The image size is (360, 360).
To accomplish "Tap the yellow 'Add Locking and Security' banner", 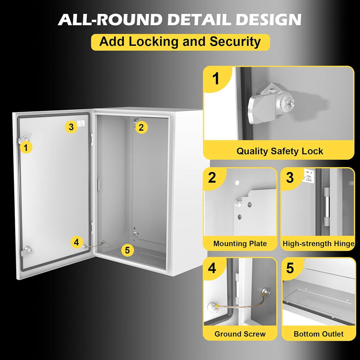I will click(180, 42).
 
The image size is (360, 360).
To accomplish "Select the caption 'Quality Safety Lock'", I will click(279, 151).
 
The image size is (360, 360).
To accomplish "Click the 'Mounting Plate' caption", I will click(240, 243).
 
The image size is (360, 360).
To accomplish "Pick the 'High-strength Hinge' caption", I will click(318, 243).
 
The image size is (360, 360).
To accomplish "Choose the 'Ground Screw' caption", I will click(240, 334).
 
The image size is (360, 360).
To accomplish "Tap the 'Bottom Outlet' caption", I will click(318, 334).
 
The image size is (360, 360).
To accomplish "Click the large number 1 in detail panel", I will click(216, 79).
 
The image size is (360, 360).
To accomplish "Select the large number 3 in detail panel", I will click(290, 178).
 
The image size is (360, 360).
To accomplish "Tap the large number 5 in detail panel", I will click(290, 268).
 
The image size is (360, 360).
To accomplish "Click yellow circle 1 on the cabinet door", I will click(27, 147).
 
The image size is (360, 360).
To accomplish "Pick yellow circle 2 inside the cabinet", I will click(141, 127).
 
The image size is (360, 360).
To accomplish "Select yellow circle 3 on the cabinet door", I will click(71, 127).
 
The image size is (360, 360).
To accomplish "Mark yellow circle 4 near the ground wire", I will click(77, 242).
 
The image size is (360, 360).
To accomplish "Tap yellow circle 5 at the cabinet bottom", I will click(128, 250).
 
